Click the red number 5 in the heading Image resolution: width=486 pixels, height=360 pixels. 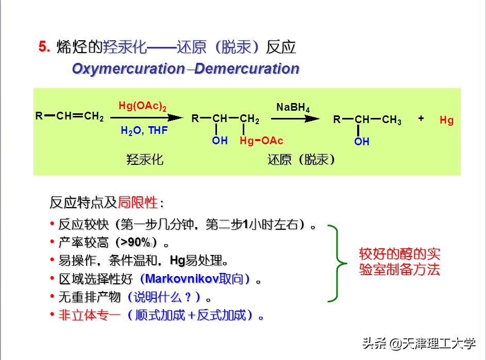point(44,47)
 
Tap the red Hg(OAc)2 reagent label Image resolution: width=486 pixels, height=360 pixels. point(142,106)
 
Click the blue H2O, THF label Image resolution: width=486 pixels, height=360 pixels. point(144,131)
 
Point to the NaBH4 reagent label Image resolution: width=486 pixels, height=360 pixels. point(293,108)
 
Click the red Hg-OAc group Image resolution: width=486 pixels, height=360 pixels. point(261,141)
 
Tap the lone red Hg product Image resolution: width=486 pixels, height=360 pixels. point(446,121)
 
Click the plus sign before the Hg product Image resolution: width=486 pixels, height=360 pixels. point(421,118)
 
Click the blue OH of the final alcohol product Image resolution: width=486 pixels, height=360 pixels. point(361,142)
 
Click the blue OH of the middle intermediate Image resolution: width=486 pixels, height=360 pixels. point(220,141)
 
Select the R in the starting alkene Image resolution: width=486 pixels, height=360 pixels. point(39,116)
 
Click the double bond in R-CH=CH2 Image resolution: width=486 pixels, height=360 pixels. point(78,116)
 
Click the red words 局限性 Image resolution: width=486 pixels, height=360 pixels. point(138,202)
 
